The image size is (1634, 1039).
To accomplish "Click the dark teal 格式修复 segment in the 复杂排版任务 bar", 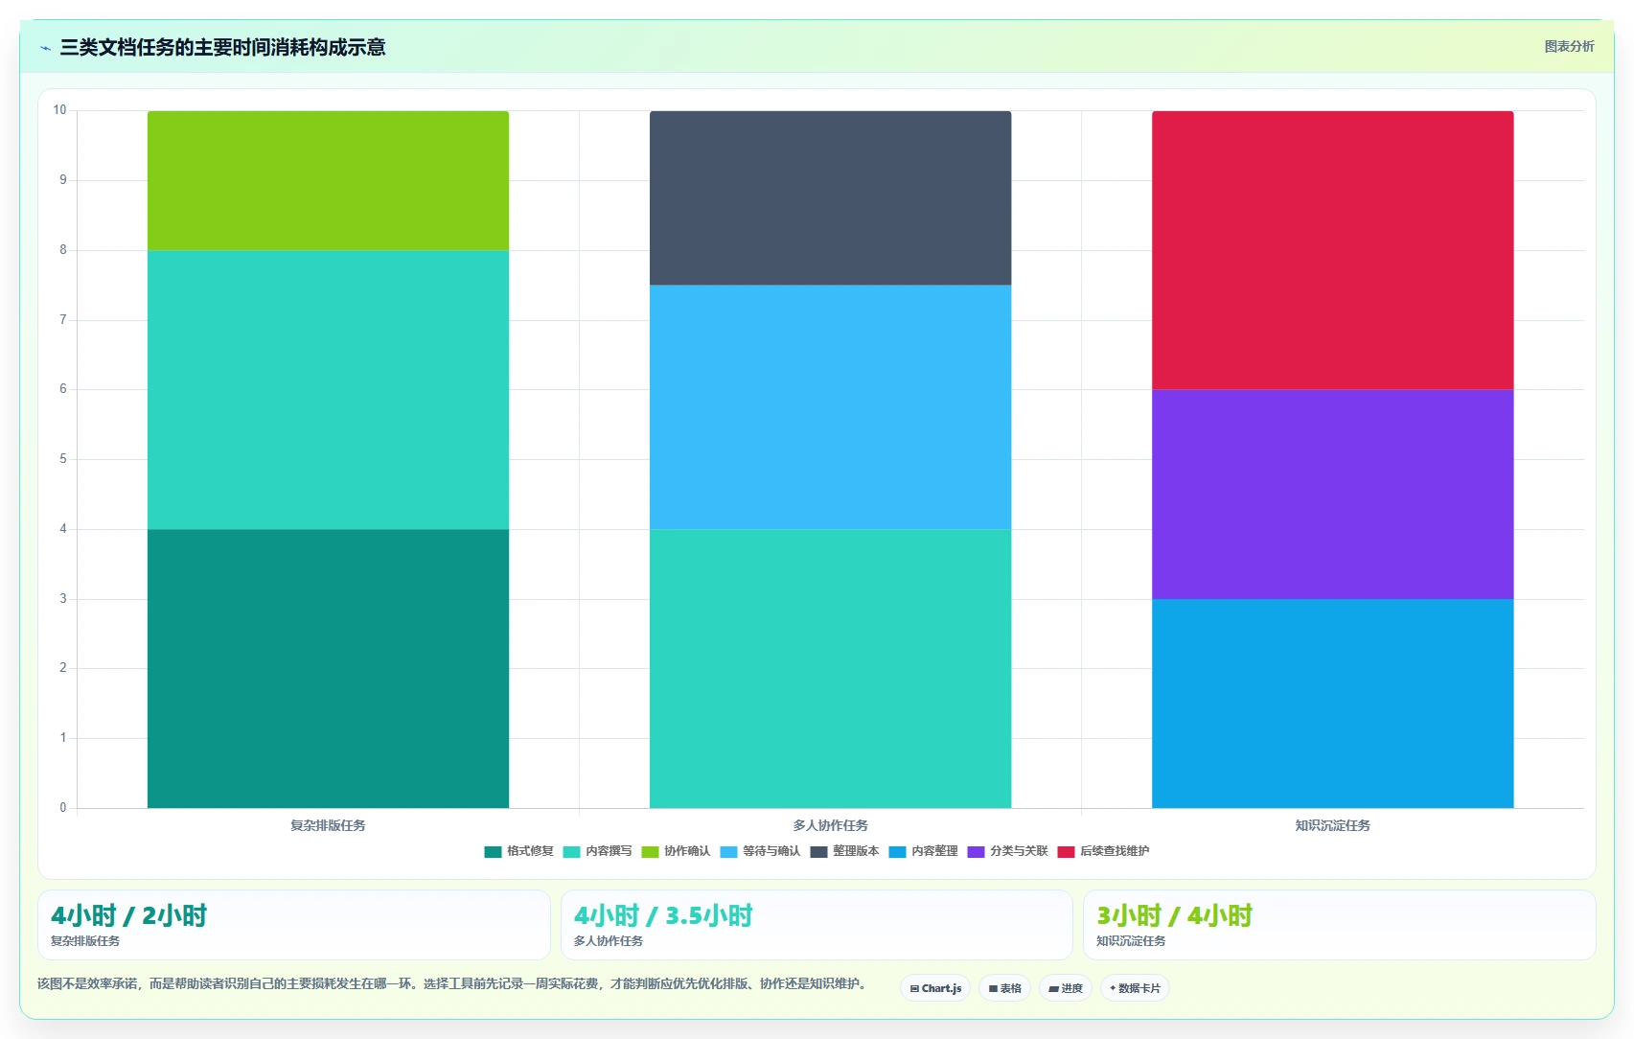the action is coord(328,668).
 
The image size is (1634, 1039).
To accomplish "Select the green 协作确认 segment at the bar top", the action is coord(328,181).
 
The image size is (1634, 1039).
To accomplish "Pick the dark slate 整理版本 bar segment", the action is coord(830,197).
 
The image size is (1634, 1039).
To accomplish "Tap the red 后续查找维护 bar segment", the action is coord(1333,250).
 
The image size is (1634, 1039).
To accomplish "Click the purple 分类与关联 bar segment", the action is coord(1333,494).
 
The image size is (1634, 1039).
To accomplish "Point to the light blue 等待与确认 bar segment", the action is coord(830,407).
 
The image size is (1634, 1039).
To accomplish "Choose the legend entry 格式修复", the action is coord(518,851).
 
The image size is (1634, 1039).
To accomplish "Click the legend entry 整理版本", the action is coord(844,851).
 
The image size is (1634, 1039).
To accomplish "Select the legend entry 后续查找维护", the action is coord(1103,851).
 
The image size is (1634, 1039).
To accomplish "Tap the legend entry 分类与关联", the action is coord(1007,851).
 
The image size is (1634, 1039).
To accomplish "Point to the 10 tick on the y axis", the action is coord(59,110).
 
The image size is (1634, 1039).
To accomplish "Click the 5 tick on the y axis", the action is coord(62,459).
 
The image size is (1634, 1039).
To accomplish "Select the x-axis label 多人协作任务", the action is coord(830,825).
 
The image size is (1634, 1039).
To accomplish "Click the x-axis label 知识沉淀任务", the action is coord(1333,825).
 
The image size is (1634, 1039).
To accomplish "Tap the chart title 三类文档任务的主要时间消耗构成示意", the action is coord(222,47).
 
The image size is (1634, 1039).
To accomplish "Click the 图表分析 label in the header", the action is coord(1569,47).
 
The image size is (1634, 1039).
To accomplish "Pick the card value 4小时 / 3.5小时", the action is coord(663,915).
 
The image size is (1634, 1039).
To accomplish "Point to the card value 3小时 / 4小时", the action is coord(1174,915).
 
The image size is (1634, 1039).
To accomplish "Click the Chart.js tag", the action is coord(935,988).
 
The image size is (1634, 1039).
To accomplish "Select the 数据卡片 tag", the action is coord(1135,988).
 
